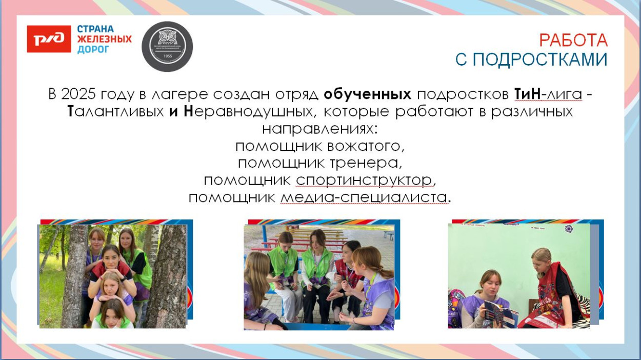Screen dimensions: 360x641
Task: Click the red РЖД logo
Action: (49, 39)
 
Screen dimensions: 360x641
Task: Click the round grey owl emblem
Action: (167, 46)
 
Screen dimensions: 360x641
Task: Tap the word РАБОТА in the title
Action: (573, 40)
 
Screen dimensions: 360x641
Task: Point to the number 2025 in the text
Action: (77, 94)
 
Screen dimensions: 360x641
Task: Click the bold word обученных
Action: (368, 94)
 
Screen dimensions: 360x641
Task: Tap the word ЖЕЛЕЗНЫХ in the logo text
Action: (104, 39)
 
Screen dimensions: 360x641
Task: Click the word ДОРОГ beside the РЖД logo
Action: (93, 49)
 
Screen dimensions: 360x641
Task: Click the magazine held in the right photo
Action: (500, 313)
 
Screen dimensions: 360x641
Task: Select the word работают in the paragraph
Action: (426, 111)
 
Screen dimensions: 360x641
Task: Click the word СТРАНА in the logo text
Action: (95, 29)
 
